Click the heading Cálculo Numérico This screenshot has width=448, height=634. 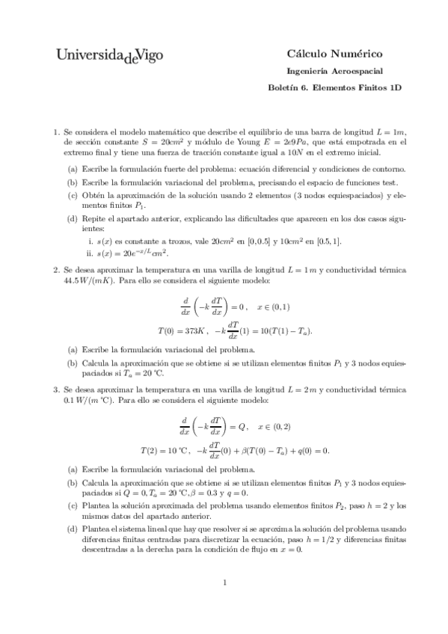334,53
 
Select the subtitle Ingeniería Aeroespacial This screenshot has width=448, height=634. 334,71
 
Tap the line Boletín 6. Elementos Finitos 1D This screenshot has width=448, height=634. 334,87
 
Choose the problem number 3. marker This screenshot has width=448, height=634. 56,390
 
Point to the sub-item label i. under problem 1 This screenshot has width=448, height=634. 90,241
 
